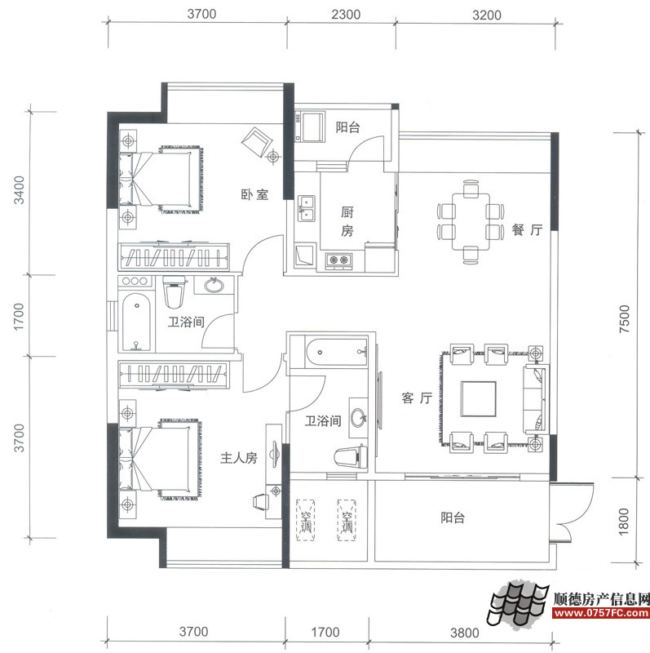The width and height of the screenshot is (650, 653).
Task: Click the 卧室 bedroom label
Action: [254, 195]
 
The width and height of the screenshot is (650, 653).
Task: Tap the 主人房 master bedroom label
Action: [239, 459]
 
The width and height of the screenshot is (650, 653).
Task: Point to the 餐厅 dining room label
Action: [527, 231]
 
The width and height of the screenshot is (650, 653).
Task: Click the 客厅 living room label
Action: [416, 398]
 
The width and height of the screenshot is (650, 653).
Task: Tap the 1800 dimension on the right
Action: [625, 520]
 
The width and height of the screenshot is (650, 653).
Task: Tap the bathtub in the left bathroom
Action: [135, 322]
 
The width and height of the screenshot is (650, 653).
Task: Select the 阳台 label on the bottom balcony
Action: [453, 518]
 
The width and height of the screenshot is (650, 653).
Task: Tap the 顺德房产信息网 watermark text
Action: [601, 597]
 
